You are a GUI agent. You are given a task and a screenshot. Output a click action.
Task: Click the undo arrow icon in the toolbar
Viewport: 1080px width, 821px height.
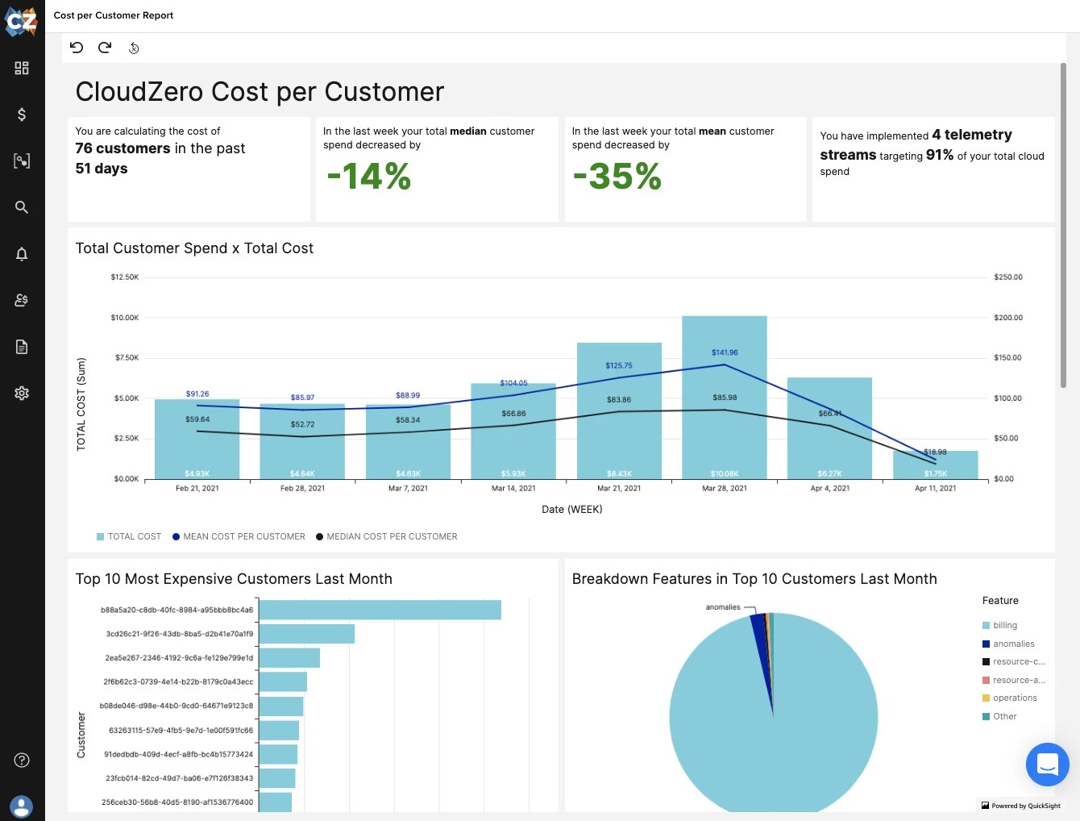point(77,48)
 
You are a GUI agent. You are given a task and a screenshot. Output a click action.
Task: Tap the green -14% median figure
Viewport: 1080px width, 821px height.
point(368,177)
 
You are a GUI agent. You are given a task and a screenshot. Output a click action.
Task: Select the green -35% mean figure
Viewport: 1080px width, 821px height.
point(617,177)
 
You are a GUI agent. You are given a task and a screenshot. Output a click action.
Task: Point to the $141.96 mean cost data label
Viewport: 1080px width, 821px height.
point(725,352)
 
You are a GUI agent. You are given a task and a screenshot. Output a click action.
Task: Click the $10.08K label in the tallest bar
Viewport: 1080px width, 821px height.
point(724,473)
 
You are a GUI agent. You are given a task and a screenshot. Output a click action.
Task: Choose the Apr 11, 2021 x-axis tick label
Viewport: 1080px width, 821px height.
point(935,488)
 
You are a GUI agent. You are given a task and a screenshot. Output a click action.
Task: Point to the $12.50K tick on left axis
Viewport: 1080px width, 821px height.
point(125,277)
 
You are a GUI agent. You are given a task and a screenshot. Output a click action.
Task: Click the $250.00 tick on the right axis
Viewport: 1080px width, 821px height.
point(1007,277)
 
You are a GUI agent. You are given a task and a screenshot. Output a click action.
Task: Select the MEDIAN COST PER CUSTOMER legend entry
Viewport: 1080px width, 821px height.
point(391,536)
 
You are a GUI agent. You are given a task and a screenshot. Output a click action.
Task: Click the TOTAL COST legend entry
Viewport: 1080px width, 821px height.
point(134,536)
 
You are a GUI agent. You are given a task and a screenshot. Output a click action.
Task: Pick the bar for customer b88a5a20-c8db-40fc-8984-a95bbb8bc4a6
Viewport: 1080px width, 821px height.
point(380,610)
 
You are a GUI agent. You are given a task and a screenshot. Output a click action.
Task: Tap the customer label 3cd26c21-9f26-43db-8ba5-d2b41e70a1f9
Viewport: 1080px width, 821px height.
point(179,634)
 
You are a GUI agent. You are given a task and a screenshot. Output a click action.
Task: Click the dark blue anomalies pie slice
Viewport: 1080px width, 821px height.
point(758,637)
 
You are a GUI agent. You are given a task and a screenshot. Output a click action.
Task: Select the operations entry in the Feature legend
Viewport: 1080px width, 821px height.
point(1014,698)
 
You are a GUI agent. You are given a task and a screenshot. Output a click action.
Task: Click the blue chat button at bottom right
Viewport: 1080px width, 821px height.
point(1047,764)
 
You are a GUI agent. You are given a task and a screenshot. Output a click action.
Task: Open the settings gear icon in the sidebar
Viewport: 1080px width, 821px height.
point(22,393)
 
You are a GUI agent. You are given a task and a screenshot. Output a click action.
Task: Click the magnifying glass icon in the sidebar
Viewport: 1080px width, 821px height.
point(22,207)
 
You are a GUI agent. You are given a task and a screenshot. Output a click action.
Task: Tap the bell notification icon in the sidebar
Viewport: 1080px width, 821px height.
point(22,254)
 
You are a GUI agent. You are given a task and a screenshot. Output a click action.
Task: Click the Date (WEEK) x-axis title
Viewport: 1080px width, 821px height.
point(571,509)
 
